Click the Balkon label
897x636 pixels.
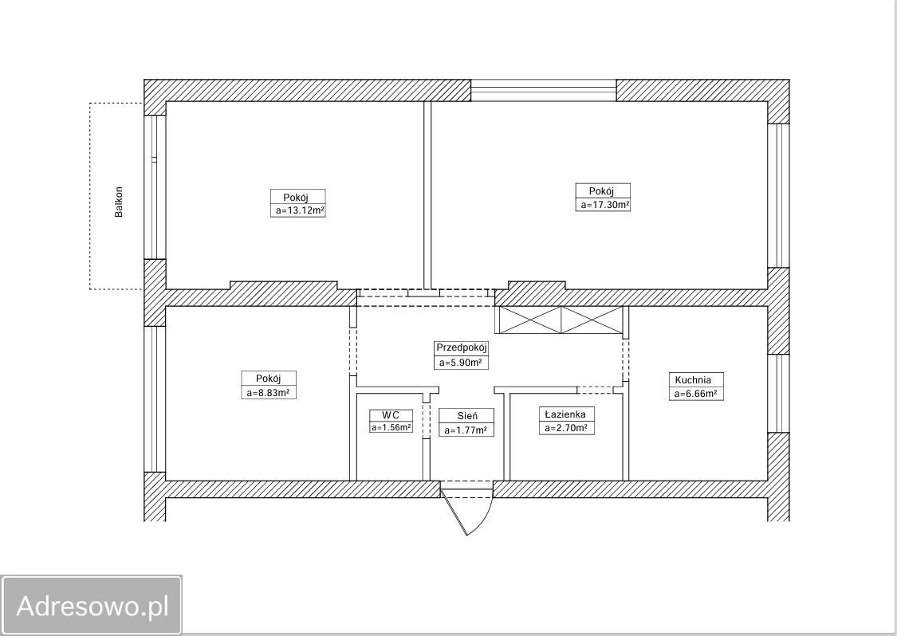(x=119, y=202)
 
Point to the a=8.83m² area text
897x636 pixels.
(x=268, y=393)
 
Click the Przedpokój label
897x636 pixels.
(x=461, y=347)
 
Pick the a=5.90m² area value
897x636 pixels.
(x=461, y=362)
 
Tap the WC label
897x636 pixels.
(x=391, y=414)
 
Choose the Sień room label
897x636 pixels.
(x=466, y=416)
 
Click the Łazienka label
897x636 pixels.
(x=565, y=414)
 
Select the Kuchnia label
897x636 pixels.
(x=693, y=380)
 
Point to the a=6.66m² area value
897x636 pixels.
(x=695, y=394)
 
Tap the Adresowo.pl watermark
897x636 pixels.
(x=92, y=606)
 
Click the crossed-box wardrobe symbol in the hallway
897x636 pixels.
(x=561, y=320)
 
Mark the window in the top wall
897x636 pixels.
(x=544, y=90)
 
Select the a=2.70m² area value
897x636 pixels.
(x=566, y=428)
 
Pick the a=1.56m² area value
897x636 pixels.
(x=391, y=427)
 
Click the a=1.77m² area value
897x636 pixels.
(x=466, y=430)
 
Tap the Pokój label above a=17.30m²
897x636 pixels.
(x=601, y=191)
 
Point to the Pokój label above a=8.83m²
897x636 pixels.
(x=268, y=379)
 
